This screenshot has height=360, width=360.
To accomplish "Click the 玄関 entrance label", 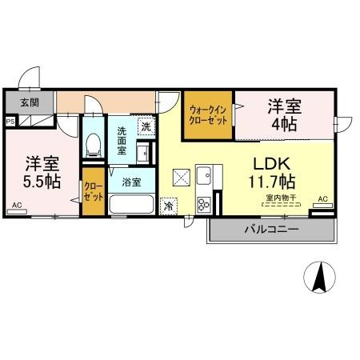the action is click(x=30, y=102).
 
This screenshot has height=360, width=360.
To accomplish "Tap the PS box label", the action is click(x=10, y=122).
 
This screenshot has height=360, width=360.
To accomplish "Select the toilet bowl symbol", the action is click(x=94, y=145).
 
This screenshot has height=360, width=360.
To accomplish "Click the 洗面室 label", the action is click(x=122, y=141).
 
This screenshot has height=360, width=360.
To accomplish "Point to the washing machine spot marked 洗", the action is click(x=146, y=126).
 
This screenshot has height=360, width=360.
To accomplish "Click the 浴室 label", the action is click(x=131, y=182).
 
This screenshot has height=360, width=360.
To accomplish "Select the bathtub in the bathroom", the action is click(x=131, y=204).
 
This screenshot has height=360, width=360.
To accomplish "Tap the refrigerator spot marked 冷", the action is click(x=169, y=206).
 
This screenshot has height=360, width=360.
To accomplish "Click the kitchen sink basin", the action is click(x=204, y=175).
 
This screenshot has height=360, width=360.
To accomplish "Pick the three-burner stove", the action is click(x=204, y=205).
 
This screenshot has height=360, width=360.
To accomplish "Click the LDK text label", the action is click(x=271, y=164).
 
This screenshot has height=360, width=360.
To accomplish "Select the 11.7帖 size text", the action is click(x=272, y=182).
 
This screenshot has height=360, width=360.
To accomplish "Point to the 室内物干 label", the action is click(x=281, y=198).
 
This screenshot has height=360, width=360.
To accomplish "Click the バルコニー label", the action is click(x=271, y=230).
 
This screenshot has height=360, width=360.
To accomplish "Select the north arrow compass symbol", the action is click(x=320, y=278).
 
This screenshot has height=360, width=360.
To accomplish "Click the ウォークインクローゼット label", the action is click(x=208, y=115).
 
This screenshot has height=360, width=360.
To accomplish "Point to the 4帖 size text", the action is click(x=284, y=124).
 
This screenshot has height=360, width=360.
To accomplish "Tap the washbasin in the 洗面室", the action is click(x=143, y=152).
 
